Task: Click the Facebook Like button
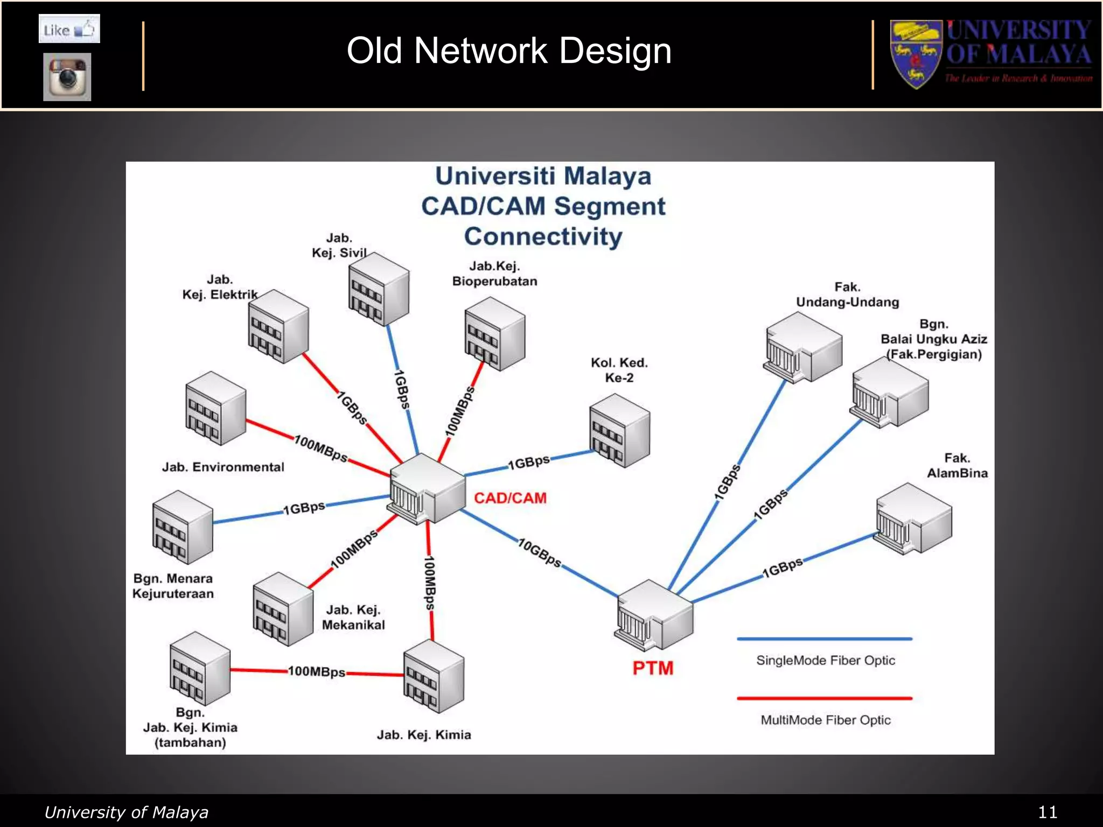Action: pos(69,29)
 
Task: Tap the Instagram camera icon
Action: pos(67,77)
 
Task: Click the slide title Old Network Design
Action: pos(509,51)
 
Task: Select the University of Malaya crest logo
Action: pos(916,54)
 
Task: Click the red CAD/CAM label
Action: pos(510,498)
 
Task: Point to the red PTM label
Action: pos(653,668)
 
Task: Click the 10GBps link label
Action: pos(540,553)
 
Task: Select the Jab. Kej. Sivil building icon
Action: pos(378,290)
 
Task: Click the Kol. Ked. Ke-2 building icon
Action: pos(619,430)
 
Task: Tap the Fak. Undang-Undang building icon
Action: pos(802,347)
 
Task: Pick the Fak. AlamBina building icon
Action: pos(914,518)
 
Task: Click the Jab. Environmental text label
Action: pos(223,467)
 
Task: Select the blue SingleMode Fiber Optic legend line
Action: pos(825,639)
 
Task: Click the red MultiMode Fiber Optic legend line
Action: pos(825,698)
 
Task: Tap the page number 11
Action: pos(1048,812)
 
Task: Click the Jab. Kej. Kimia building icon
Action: pos(434,676)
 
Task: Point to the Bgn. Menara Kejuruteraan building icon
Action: pos(183,527)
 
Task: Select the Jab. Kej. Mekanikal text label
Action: pos(353,618)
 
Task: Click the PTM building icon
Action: pos(654,615)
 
